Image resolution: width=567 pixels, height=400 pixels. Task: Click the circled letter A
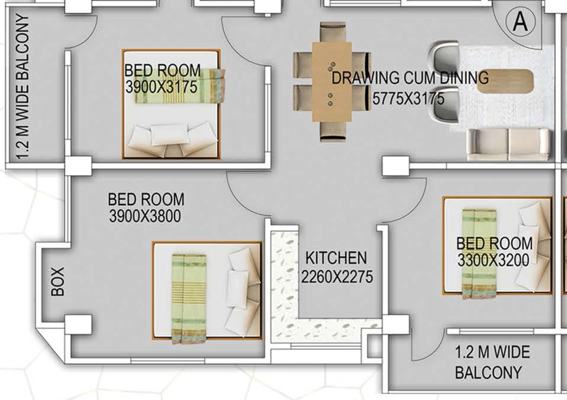coord(520,22)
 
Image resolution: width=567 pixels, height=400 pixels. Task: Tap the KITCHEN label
coord(336,258)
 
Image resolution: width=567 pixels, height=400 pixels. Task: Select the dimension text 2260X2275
coord(337,277)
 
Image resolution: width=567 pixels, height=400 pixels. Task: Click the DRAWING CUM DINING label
coord(410,78)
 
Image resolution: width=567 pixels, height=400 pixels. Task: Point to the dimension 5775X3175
coord(408,98)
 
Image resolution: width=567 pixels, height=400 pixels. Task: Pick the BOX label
coord(58,282)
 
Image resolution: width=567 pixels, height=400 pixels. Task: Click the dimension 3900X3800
coord(145,216)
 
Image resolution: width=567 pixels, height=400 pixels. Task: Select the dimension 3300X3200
coord(493,260)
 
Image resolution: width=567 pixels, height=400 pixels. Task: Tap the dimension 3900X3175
coord(161,87)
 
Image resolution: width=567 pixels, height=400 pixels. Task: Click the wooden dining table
coord(332,82)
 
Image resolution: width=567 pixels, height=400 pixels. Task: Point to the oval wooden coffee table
coord(505,81)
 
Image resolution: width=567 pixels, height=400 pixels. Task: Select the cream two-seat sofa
coord(508,144)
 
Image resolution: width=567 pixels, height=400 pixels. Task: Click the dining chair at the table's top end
coord(333,33)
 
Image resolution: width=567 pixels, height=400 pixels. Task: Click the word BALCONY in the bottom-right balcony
coord(488,372)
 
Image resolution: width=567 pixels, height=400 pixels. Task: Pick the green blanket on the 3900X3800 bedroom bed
coord(189,299)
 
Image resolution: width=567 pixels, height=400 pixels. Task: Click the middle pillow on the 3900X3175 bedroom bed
coord(169,134)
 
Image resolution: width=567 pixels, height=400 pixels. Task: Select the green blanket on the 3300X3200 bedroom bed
coord(480,253)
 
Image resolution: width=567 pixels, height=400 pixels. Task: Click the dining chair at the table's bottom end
coord(333,131)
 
